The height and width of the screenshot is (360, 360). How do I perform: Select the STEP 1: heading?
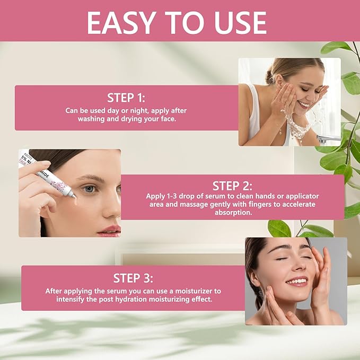tap(126, 98)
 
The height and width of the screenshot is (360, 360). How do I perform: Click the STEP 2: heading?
tap(232, 186)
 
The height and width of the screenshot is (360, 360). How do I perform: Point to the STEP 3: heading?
tap(133, 278)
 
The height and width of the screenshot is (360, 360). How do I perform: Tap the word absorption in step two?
tap(232, 212)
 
